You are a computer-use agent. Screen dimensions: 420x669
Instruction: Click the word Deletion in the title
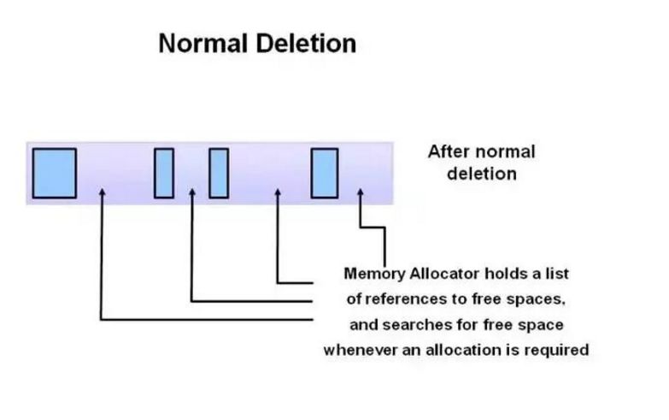point(306,44)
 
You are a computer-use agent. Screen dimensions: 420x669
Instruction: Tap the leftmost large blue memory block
point(55,173)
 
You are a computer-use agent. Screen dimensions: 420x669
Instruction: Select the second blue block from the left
point(164,173)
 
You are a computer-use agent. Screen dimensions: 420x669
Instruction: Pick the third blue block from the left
point(219,173)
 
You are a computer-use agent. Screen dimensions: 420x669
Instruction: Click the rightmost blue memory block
point(324,173)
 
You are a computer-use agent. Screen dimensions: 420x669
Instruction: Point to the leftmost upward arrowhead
point(102,193)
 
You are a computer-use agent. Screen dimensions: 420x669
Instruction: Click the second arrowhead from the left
point(191,193)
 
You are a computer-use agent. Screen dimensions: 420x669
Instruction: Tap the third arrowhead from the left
point(278,193)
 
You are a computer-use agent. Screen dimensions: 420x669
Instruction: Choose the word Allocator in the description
point(443,275)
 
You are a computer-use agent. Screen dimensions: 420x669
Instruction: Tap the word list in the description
point(557,275)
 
